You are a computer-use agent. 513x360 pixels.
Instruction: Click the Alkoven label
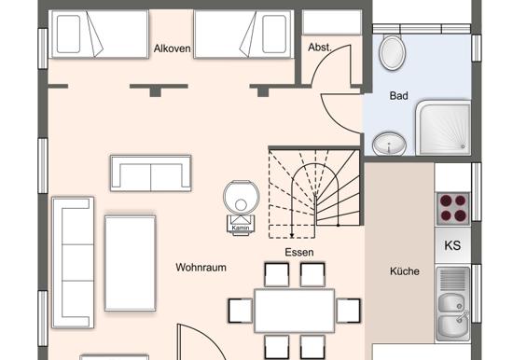click(x=173, y=48)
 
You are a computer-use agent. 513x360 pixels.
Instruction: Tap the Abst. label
click(x=320, y=48)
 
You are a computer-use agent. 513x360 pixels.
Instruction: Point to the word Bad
click(x=399, y=95)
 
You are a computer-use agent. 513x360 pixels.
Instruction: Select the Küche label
click(x=405, y=271)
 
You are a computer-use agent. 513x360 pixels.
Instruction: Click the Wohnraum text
click(x=201, y=267)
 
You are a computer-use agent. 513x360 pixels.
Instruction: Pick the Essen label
click(x=299, y=252)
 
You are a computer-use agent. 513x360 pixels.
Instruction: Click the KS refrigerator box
click(x=452, y=245)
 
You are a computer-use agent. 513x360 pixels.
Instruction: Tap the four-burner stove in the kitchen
click(x=452, y=209)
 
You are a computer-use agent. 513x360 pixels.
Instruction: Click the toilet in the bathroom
click(x=393, y=52)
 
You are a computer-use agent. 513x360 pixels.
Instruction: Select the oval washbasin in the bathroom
click(x=389, y=144)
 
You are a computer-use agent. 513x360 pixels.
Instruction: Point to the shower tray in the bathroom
click(x=444, y=129)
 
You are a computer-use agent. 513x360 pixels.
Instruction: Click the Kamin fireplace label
click(x=240, y=228)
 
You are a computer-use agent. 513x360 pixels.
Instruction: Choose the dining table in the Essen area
click(x=295, y=311)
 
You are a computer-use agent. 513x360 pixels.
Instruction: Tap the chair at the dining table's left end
click(x=241, y=311)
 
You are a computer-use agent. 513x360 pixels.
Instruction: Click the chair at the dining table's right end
click(x=349, y=311)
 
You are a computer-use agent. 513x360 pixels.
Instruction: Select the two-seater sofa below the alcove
click(x=151, y=173)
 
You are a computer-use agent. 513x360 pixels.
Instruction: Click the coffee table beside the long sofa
click(x=131, y=263)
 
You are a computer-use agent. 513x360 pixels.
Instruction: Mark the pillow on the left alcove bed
click(x=68, y=34)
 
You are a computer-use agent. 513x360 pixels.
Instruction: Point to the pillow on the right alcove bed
click(x=274, y=34)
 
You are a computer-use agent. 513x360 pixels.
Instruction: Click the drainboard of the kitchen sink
click(x=452, y=279)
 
